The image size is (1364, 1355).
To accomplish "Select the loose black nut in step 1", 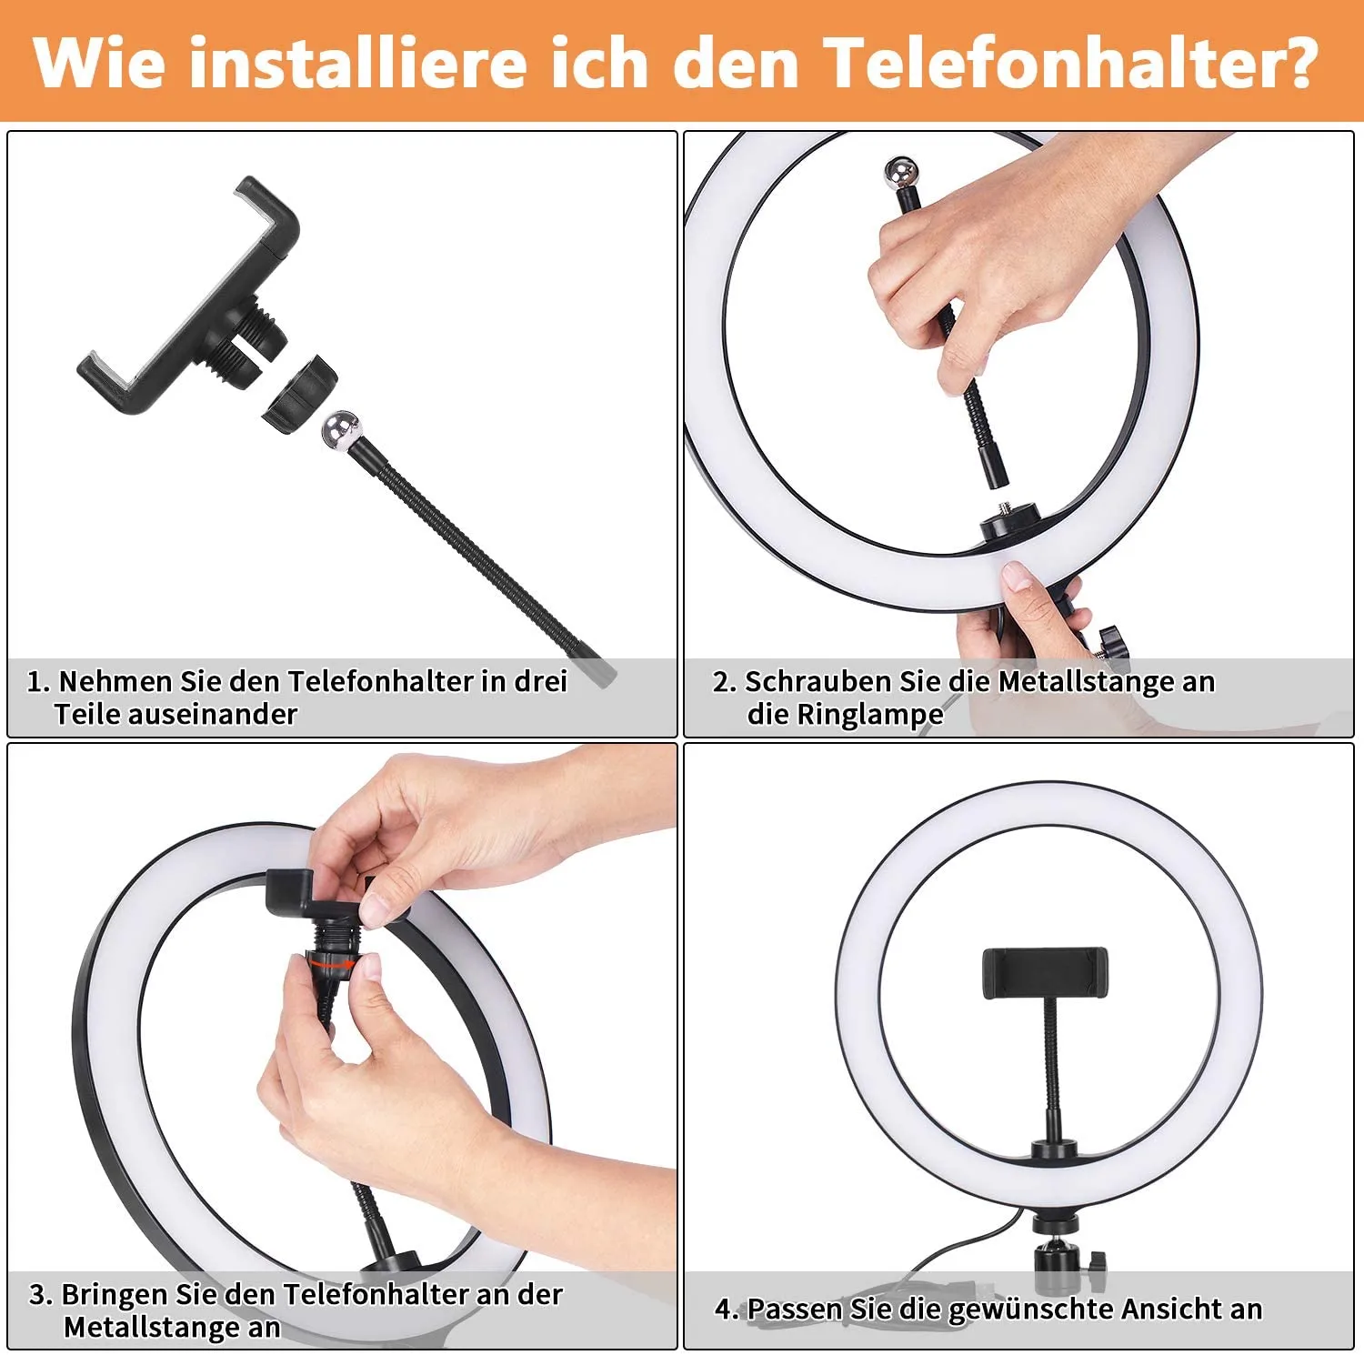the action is coord(301,394).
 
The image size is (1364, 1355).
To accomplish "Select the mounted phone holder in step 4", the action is coord(1045,973).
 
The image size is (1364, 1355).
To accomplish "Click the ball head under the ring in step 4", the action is coord(1055,1260).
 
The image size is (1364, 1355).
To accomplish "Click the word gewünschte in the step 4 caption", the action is coord(1030,1310).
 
